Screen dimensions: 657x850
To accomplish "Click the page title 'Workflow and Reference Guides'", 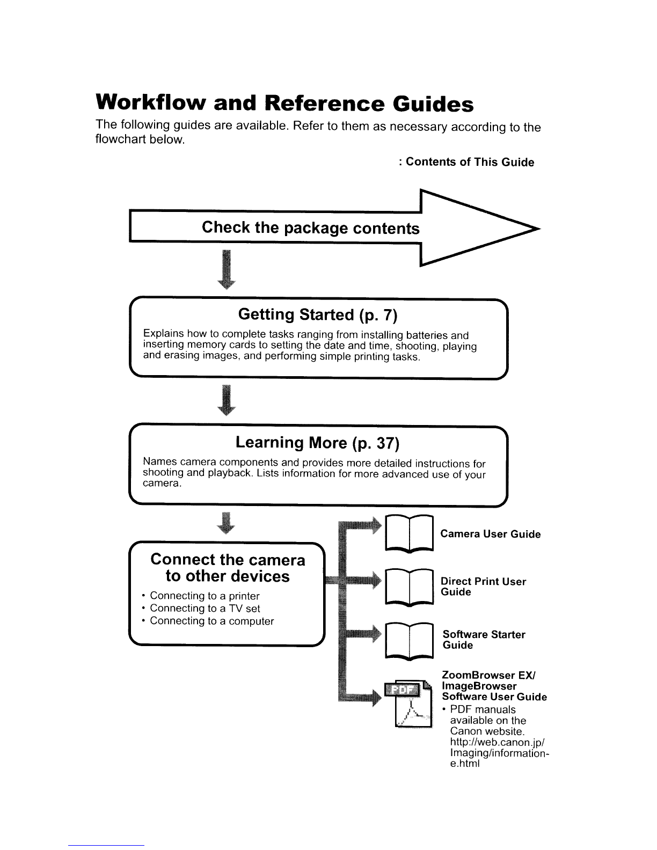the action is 284,103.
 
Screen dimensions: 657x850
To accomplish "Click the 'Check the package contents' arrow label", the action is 311,228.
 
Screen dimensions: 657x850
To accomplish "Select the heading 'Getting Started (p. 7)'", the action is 318,314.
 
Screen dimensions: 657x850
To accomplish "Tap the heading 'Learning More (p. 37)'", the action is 317,443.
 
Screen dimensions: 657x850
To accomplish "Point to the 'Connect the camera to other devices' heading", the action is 228,568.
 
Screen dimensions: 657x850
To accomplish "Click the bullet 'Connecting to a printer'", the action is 205,596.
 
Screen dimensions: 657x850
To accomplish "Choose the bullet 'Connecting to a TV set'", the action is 205,609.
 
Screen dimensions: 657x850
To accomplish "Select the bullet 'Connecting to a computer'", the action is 211,621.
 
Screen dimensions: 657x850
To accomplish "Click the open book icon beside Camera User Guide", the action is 410,533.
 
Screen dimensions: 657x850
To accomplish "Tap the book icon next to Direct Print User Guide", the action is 410,587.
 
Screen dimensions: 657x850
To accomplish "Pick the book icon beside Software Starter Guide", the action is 410,641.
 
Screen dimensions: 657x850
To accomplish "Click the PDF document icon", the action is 409,704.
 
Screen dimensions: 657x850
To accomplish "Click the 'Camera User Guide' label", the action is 490,534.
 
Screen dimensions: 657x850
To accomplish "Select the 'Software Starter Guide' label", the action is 484,640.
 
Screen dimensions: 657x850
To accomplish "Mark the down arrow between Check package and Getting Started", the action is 227,269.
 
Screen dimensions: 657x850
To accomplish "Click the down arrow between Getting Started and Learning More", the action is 227,400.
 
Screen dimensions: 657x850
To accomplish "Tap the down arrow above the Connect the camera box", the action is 226,523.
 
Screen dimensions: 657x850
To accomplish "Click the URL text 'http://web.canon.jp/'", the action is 497,743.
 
